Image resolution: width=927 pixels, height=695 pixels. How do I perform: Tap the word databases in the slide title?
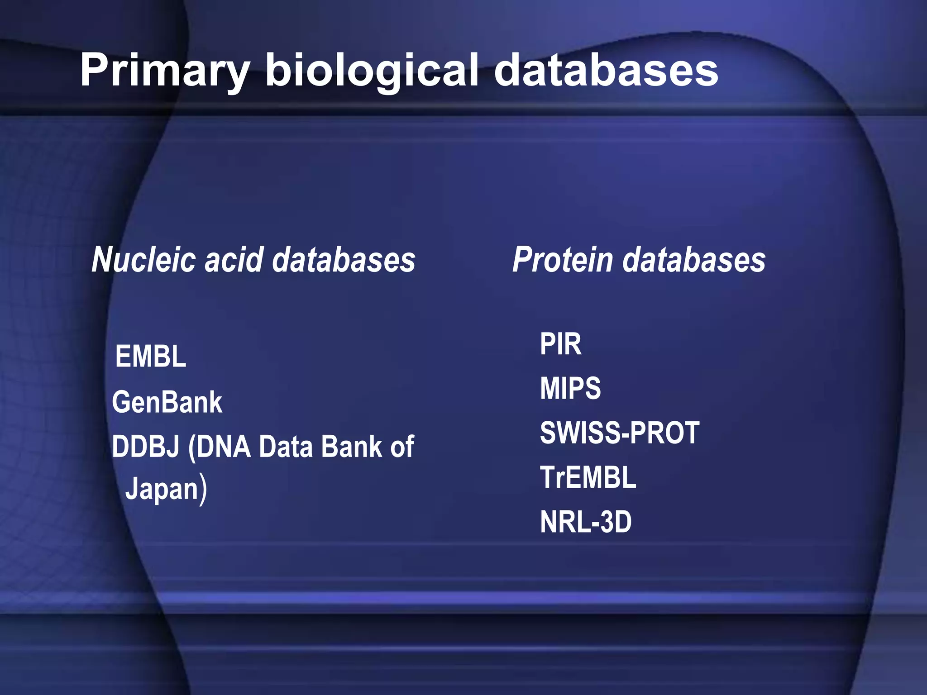coord(606,70)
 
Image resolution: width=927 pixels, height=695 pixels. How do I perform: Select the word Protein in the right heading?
coord(562,260)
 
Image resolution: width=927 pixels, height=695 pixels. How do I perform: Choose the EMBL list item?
coord(150,357)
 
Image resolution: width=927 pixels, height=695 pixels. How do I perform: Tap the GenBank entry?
coord(167,402)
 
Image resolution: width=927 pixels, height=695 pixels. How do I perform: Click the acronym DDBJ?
coord(145,447)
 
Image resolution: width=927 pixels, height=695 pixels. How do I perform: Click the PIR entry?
coord(560,344)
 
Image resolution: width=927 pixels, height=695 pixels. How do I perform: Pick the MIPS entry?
coord(570,388)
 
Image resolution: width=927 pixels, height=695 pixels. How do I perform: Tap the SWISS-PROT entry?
coord(620,433)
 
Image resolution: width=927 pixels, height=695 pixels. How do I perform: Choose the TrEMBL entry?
coord(588,477)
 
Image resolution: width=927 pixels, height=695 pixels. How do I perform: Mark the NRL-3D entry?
coord(586,522)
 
